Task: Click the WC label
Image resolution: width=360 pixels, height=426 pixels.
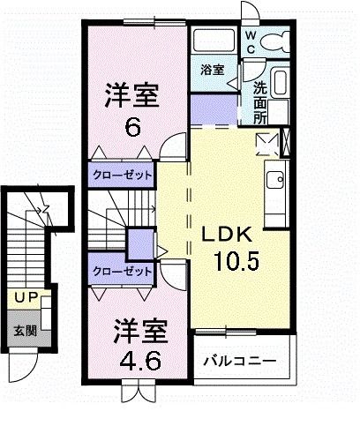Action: click(x=251, y=43)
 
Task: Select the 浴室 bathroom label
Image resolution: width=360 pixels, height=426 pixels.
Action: click(x=211, y=69)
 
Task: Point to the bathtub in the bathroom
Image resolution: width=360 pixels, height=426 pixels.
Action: click(x=214, y=41)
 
